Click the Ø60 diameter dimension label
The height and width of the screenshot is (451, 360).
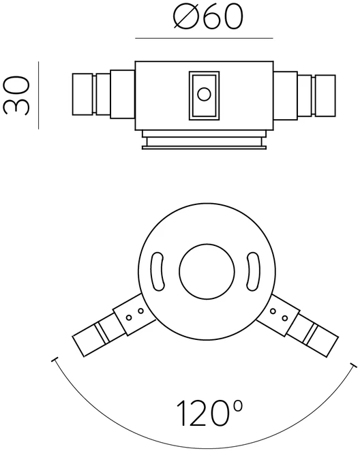(x=209, y=17)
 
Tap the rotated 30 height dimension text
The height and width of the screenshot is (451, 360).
(x=16, y=95)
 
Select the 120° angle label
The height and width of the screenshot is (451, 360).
(x=209, y=413)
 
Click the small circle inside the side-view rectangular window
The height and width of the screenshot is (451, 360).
(x=204, y=94)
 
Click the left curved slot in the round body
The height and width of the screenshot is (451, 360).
(x=157, y=271)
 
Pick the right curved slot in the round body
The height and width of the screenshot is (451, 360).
(x=253, y=271)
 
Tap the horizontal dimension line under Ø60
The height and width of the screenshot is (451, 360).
(x=204, y=38)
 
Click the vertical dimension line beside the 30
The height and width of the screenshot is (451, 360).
(x=38, y=95)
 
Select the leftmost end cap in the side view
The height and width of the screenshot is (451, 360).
(x=82, y=94)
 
